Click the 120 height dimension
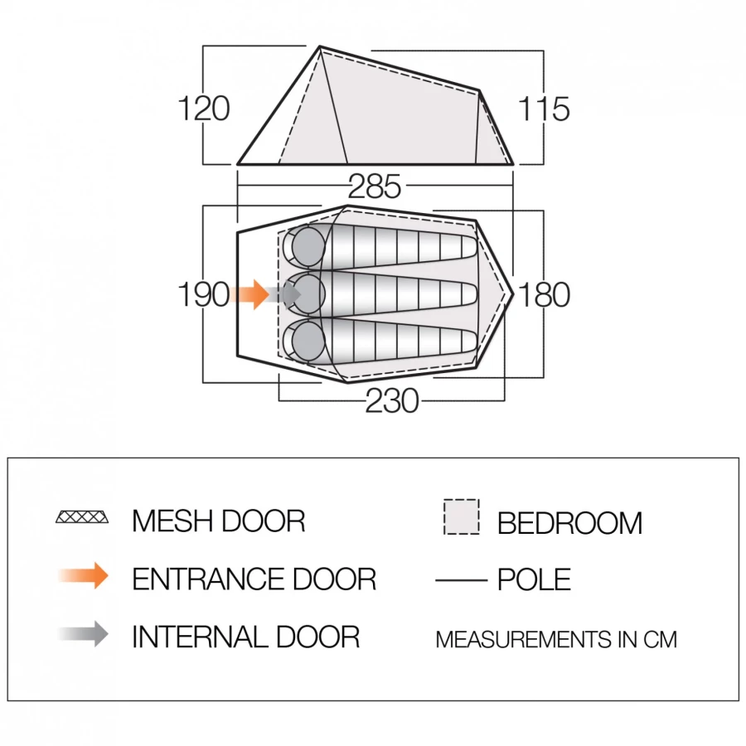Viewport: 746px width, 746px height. [204, 109]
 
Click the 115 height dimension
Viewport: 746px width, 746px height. [543, 109]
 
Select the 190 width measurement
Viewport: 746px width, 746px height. [204, 294]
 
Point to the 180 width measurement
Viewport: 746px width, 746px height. [544, 294]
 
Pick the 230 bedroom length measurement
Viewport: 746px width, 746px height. [392, 400]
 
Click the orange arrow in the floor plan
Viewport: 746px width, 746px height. [249, 294]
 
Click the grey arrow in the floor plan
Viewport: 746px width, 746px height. [283, 294]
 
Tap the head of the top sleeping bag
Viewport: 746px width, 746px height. [308, 246]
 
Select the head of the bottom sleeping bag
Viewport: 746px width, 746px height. [308, 340]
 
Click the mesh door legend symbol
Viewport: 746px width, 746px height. [82, 516]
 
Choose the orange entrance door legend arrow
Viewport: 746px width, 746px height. [84, 576]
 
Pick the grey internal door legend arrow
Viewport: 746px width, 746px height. [84, 634]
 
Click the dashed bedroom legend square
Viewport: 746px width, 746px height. [461, 516]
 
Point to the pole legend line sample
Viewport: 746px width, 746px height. [461, 580]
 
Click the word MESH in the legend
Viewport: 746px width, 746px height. [172, 521]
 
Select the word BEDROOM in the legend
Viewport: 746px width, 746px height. [569, 523]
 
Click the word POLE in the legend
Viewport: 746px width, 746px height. [534, 579]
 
